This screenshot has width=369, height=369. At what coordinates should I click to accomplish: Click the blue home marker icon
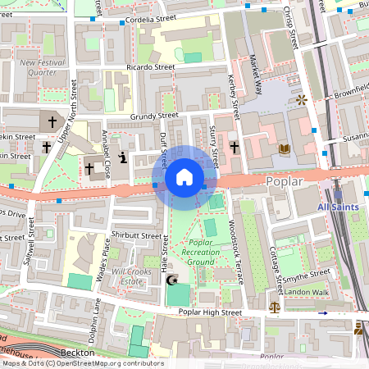point(184,177)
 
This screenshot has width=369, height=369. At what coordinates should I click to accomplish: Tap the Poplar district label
point(285,180)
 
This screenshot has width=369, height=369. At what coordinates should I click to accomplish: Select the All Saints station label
point(338,207)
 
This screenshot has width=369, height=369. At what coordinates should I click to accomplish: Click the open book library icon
point(285,148)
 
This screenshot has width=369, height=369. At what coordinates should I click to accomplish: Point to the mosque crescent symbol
point(172,280)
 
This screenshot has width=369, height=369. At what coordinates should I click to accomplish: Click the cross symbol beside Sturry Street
point(235,148)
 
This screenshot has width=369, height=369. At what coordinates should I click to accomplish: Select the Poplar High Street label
point(211,312)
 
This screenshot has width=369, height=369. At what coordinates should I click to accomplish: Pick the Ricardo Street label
point(151,67)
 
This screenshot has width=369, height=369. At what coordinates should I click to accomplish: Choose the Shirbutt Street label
point(138,235)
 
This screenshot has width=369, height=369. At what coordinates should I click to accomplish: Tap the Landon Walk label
point(306,292)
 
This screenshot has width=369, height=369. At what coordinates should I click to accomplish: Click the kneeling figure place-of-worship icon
point(122,157)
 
